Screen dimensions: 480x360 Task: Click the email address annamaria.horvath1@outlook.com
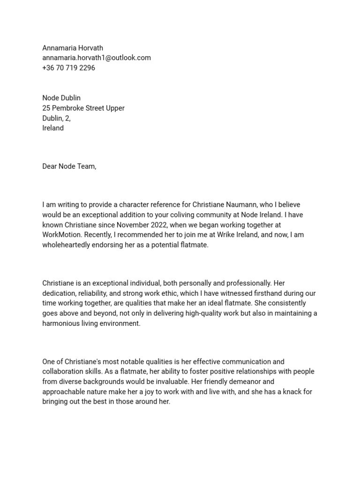97,58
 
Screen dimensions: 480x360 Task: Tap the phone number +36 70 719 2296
68,67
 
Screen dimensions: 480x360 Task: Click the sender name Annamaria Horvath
73,48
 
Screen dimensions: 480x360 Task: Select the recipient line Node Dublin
61,98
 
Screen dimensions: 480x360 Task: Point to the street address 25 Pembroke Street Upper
83,108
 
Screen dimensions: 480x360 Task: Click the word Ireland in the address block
53,128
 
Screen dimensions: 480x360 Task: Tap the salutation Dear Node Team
69,166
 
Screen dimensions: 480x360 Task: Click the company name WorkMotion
62,235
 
